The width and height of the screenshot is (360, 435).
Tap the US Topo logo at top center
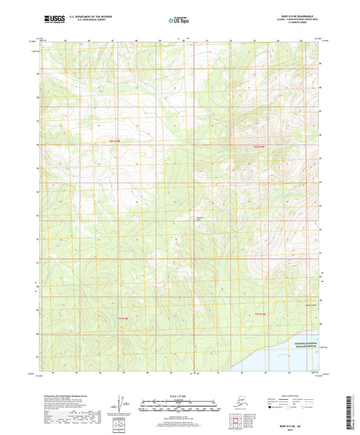tap(179, 21)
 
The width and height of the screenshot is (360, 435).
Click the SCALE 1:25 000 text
tap(179, 395)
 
